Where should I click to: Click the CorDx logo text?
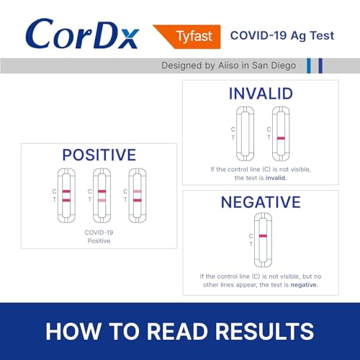pyautogui.click(x=81, y=34)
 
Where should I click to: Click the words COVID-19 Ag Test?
pyautogui.click(x=282, y=35)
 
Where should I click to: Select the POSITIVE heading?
pyautogui.click(x=99, y=155)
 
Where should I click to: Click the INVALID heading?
pyautogui.click(x=260, y=94)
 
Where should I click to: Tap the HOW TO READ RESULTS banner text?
pyautogui.click(x=180, y=330)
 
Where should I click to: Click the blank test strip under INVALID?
pyautogui.click(x=246, y=132)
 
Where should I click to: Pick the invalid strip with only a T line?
pyautogui.click(x=280, y=132)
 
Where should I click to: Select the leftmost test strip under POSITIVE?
pyautogui.click(x=66, y=195)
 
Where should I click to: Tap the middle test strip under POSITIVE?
pyautogui.click(x=101, y=195)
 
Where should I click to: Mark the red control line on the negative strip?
pyautogui.click(x=263, y=236)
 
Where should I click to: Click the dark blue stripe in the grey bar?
pyautogui.click(x=320, y=66)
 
